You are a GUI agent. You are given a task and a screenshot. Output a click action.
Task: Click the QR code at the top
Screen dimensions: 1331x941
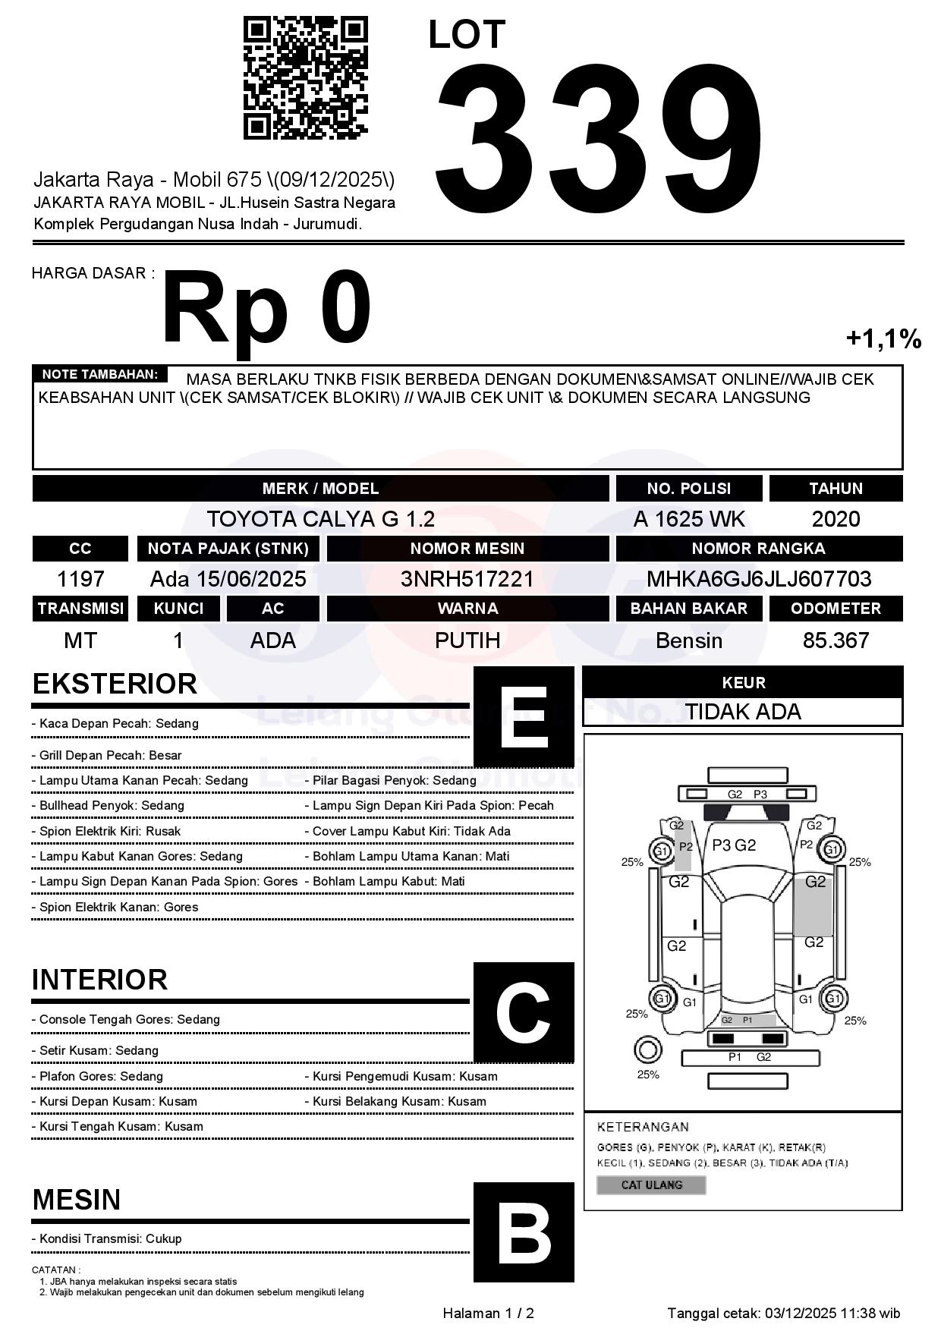pos(305,79)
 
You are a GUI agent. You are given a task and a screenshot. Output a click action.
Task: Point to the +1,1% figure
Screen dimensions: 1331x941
pos(883,338)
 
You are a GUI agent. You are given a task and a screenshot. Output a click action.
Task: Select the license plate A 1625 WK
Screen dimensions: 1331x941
pos(689,519)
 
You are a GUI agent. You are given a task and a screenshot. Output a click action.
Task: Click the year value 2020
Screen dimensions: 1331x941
pos(836,519)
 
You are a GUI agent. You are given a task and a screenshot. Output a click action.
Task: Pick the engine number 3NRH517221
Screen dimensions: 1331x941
pos(467,579)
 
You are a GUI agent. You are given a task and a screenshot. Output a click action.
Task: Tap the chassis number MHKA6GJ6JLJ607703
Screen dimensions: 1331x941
pos(759,579)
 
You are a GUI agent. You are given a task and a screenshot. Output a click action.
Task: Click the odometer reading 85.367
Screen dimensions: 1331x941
pos(836,640)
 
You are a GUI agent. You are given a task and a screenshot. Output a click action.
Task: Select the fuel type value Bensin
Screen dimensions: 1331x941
pos(689,640)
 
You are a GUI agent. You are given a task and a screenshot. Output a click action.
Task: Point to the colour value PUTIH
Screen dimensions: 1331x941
pos(467,640)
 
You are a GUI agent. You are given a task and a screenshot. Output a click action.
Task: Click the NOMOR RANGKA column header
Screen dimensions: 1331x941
pos(759,549)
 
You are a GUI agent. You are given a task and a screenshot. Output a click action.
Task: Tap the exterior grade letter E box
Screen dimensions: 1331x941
pos(524,717)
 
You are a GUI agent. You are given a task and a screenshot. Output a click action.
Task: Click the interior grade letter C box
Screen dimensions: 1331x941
pos(524,1012)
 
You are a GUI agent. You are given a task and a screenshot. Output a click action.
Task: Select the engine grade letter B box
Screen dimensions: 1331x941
pos(524,1232)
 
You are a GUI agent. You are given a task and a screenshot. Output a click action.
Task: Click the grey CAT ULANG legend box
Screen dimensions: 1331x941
pos(651,1185)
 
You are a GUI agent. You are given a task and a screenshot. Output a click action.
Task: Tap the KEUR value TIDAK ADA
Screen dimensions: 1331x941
pos(743,712)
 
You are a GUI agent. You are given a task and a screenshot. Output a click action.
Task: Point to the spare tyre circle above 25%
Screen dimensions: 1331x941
pos(647,1051)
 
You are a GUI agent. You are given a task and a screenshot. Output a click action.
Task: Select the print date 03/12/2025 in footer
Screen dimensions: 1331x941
pos(800,1314)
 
